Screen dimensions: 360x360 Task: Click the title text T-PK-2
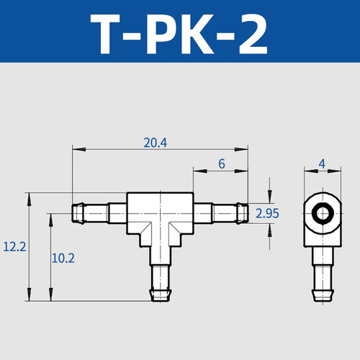179,32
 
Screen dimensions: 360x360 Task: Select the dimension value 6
221,165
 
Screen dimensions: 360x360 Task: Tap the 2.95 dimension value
268,213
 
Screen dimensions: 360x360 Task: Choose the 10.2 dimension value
63,258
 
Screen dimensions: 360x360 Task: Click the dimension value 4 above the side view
322,165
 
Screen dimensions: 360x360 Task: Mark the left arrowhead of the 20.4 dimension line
76,149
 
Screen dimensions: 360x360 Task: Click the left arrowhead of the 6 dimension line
196,171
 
